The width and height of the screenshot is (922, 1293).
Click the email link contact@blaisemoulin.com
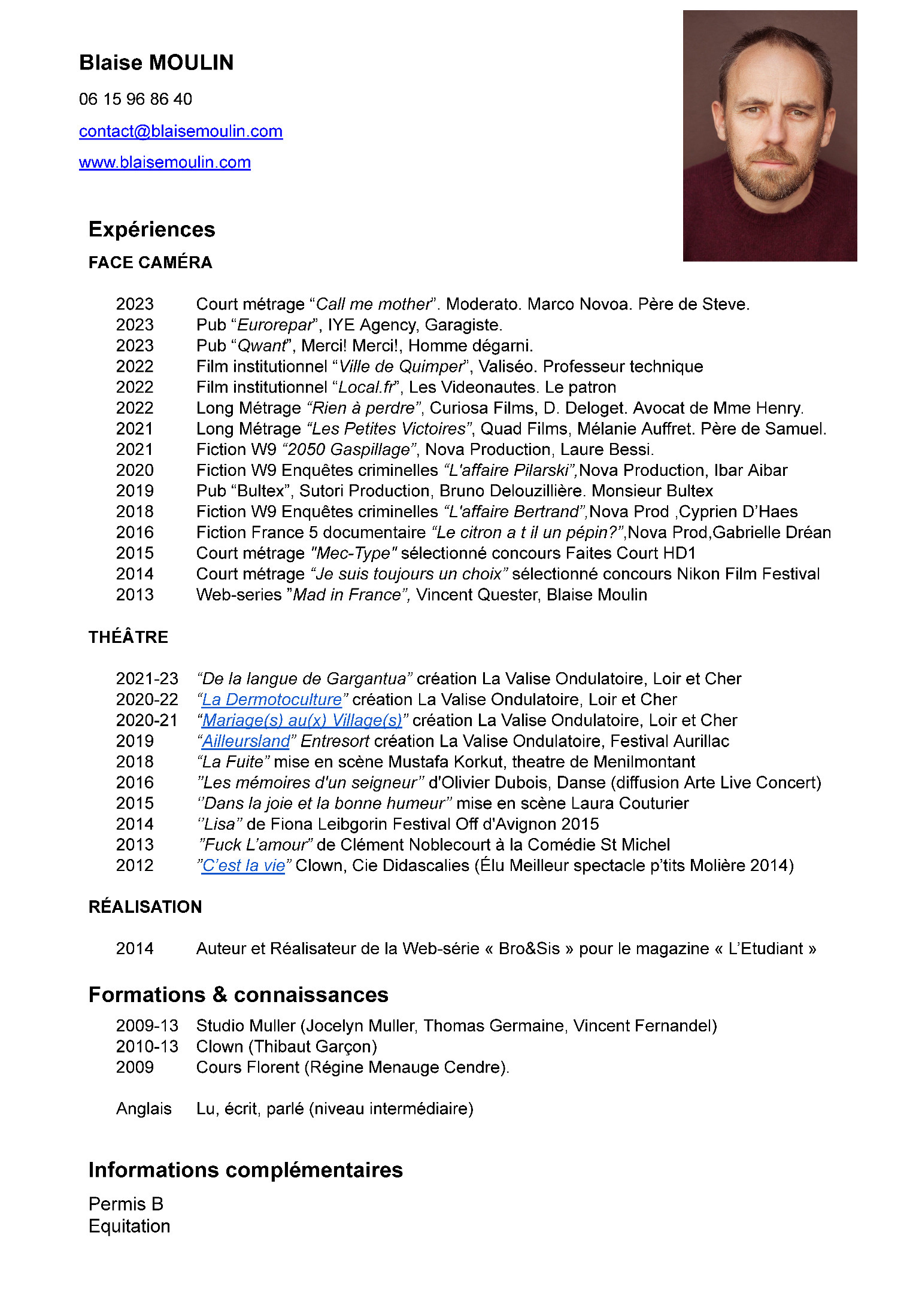(180, 131)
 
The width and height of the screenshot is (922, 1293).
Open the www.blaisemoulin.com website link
(165, 162)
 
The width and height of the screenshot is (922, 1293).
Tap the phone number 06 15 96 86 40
(135, 99)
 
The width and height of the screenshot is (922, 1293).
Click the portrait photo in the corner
(769, 136)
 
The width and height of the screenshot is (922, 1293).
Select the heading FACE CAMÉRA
(150, 262)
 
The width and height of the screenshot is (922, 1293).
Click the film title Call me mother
(373, 304)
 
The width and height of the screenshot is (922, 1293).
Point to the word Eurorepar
(275, 325)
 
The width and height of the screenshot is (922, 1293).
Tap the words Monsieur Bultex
(652, 491)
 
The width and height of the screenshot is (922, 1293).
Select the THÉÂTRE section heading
(128, 637)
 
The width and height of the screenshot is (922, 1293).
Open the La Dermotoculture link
(272, 699)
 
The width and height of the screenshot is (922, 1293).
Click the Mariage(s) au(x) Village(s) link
(302, 720)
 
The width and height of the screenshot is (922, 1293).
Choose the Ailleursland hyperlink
(246, 741)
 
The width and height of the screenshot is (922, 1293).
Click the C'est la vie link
(244, 866)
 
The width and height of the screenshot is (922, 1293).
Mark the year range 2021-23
(147, 679)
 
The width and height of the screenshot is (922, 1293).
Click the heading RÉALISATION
(145, 907)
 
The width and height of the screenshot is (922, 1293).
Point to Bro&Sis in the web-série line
(529, 949)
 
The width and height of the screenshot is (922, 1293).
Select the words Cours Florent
(247, 1067)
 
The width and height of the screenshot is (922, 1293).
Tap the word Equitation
(129, 1226)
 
